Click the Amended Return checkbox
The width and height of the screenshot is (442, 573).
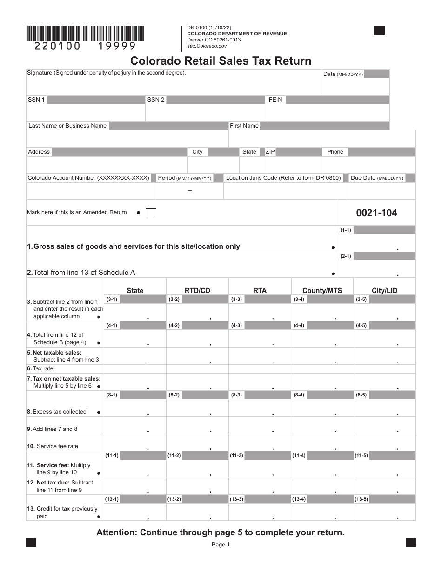point(151,213)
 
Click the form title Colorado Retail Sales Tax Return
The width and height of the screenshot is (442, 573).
point(221,61)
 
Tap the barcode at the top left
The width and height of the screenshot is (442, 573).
point(85,34)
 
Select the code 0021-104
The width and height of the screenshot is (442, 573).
point(376,213)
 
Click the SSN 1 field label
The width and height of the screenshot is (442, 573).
point(36,100)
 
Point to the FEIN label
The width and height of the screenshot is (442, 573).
point(275,100)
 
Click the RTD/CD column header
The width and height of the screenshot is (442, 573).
point(197,291)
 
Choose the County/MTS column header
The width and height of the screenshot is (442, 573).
point(322,291)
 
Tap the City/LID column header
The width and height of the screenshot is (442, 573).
point(384,291)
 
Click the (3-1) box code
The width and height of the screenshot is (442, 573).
point(112,299)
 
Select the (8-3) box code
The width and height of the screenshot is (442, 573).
point(236,395)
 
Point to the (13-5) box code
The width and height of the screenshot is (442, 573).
point(362,499)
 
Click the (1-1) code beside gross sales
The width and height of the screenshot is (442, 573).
point(346,230)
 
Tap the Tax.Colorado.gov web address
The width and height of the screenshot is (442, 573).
point(207,46)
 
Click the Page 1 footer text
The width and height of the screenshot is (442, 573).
point(221,545)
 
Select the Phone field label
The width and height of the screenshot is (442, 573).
point(335,152)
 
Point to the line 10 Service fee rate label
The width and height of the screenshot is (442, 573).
point(53,446)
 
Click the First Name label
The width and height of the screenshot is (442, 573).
point(244,126)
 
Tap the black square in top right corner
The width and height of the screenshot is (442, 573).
point(379,31)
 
